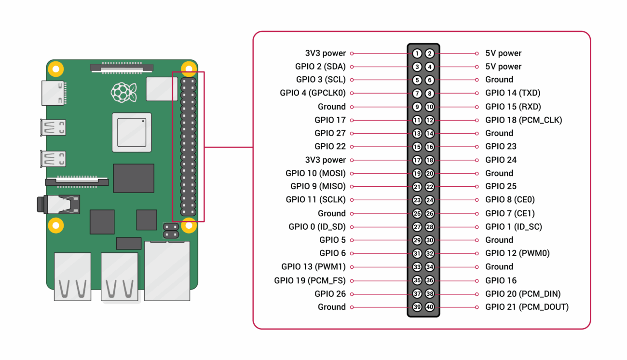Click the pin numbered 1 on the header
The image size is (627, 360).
coord(417,54)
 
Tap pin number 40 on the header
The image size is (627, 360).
coord(430,307)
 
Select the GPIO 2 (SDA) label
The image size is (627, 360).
coord(320,67)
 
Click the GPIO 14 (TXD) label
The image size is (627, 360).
coord(512,93)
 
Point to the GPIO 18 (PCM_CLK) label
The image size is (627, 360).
coord(523,120)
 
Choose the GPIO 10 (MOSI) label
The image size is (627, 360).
coord(315,173)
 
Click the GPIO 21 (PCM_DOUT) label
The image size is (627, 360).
coord(527,307)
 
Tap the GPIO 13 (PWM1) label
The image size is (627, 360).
coord(313,267)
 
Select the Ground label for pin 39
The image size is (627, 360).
coord(331,307)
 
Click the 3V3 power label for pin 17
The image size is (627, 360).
coord(326,160)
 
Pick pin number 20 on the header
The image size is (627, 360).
coord(430,174)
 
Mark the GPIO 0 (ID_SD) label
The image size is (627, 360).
coord(317,227)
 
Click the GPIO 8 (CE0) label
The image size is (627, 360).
coord(510,200)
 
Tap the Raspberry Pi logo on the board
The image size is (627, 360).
coord(120,92)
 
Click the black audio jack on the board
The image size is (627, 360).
coord(58,204)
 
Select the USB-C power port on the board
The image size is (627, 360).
coord(54,93)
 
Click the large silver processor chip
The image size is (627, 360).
coord(132,132)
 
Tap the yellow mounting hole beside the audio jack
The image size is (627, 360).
coord(56,225)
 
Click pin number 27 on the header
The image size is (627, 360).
coord(417,227)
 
